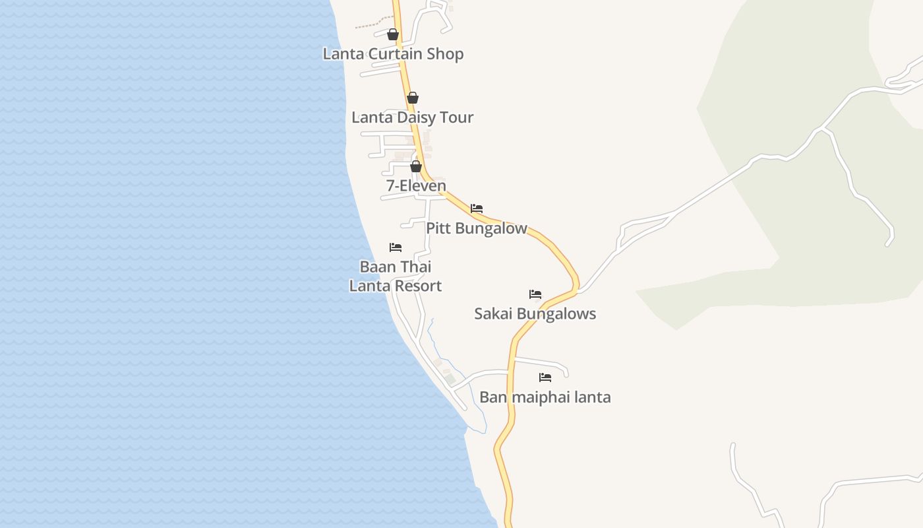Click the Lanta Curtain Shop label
pyautogui.click(x=393, y=54)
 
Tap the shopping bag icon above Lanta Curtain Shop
pyautogui.click(x=393, y=34)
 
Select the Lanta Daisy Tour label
pyautogui.click(x=412, y=117)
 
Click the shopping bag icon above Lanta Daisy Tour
pyautogui.click(x=413, y=98)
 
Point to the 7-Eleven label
pyautogui.click(x=416, y=186)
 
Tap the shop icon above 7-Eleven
pyautogui.click(x=416, y=166)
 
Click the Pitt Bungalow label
pyautogui.click(x=476, y=228)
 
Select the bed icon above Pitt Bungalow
pyautogui.click(x=477, y=209)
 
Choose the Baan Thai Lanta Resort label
pyautogui.click(x=395, y=276)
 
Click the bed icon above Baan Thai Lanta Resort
pyautogui.click(x=396, y=247)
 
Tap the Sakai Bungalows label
pyautogui.click(x=535, y=313)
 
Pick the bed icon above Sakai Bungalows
pyautogui.click(x=535, y=294)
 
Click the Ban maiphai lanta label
pyautogui.click(x=545, y=397)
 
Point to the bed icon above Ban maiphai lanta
pyautogui.click(x=545, y=378)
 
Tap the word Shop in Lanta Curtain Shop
pyautogui.click(x=445, y=54)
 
